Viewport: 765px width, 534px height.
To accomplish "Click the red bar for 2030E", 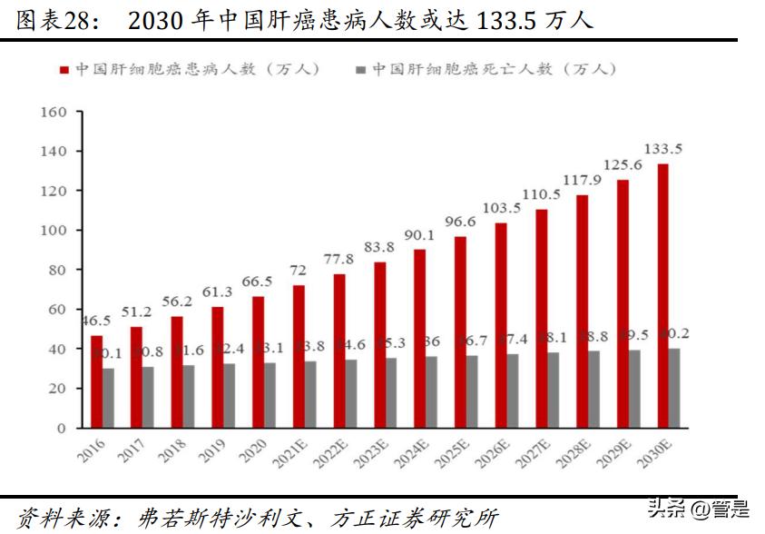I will [x=663, y=295].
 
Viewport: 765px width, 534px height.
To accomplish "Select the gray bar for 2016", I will [x=109, y=398].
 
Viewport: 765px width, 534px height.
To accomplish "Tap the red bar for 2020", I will [x=259, y=361].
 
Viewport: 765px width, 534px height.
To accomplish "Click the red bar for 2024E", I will [x=420, y=338].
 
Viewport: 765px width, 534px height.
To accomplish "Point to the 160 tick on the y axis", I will [x=55, y=112].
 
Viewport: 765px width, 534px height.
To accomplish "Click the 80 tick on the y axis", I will [x=59, y=270].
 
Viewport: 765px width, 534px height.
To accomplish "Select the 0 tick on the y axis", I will [x=63, y=428].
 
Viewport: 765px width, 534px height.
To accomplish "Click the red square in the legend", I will [x=64, y=69].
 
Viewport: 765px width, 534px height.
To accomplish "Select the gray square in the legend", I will [x=360, y=69].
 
